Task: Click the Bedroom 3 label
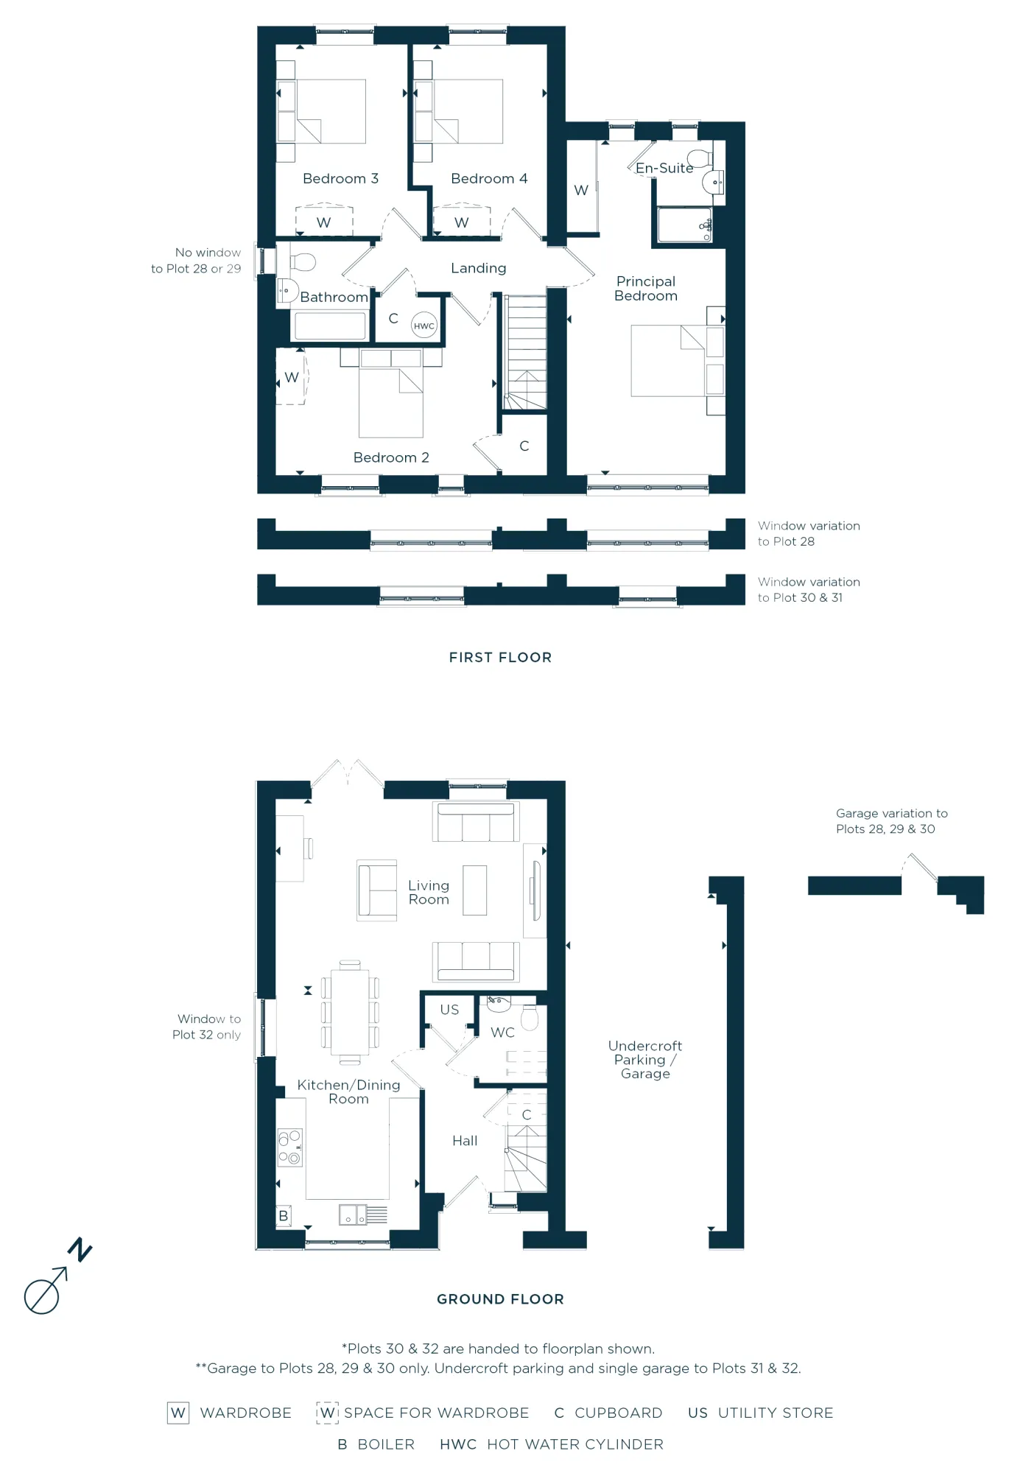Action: pyautogui.click(x=340, y=179)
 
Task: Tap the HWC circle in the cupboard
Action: pyautogui.click(x=424, y=326)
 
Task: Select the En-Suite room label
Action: pyautogui.click(x=664, y=169)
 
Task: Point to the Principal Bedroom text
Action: pyautogui.click(x=646, y=289)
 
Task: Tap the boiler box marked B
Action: pyautogui.click(x=284, y=1216)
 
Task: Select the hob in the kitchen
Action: pyautogui.click(x=289, y=1147)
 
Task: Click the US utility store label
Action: pyautogui.click(x=449, y=1010)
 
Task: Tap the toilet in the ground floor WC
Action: pyautogui.click(x=530, y=1019)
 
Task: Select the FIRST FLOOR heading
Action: pyautogui.click(x=500, y=658)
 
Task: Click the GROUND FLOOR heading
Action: pyautogui.click(x=500, y=1299)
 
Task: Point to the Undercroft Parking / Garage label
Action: pyautogui.click(x=645, y=1060)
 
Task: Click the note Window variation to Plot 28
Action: pyautogui.click(x=808, y=534)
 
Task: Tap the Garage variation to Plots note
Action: pyautogui.click(x=891, y=821)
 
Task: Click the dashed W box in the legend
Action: pyautogui.click(x=328, y=1413)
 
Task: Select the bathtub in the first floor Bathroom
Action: pyautogui.click(x=330, y=326)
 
